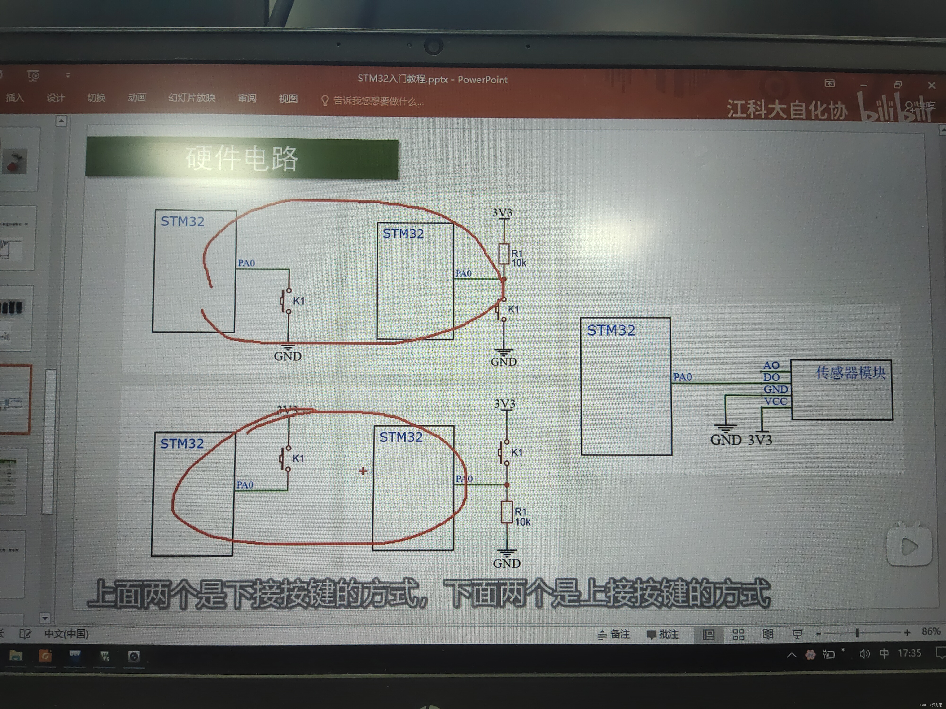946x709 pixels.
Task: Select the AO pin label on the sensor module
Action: point(771,365)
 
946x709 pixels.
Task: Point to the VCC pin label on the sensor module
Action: point(775,401)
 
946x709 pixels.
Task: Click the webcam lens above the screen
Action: point(433,46)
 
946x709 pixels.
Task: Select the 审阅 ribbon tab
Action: point(247,98)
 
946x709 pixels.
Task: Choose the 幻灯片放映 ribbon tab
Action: point(192,98)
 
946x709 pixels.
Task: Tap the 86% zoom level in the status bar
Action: point(931,631)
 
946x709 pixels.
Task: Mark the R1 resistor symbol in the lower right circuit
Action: point(507,512)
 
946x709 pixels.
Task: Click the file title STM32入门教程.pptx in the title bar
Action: point(403,79)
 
